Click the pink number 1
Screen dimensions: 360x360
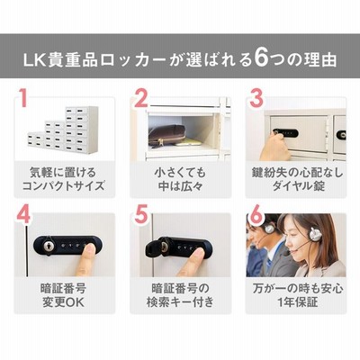point(23,97)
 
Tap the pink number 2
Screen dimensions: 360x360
point(141,97)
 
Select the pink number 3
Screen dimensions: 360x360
point(256,97)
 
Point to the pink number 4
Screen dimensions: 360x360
point(23,213)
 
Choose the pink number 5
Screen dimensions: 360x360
point(141,213)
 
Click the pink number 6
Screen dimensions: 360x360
point(256,213)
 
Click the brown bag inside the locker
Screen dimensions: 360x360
point(166,136)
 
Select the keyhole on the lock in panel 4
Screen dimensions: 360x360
point(48,246)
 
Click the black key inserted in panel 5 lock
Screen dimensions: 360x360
point(155,247)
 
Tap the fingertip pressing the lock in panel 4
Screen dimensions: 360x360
point(89,247)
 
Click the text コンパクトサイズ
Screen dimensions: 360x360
point(64,185)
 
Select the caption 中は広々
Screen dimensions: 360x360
point(181,186)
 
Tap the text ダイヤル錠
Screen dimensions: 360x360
point(299,185)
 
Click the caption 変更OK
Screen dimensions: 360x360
point(64,302)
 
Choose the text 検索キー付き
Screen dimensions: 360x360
point(181,302)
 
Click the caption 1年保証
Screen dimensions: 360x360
point(298,302)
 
